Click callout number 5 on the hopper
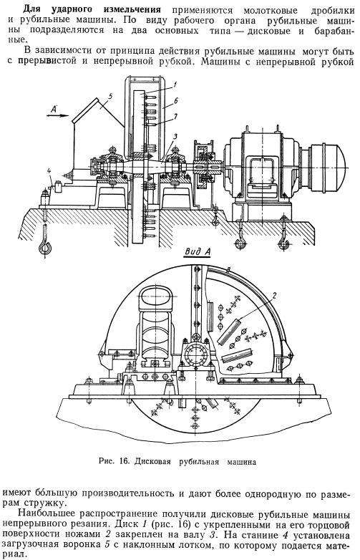click(110, 96)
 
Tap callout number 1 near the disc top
click(175, 85)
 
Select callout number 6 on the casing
click(175, 101)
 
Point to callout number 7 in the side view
click(175, 116)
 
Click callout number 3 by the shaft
click(175, 137)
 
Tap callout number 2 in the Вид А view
click(274, 295)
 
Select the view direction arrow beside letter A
click(57, 115)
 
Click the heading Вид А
click(198, 252)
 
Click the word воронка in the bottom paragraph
click(84, 546)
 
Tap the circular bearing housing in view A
click(195, 355)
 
